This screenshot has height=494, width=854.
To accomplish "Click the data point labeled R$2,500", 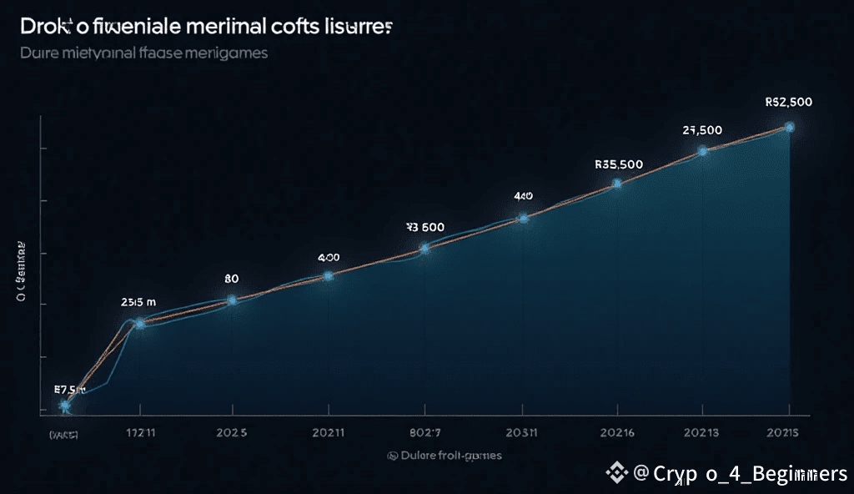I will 789,127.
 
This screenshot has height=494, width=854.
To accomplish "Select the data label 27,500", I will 702,130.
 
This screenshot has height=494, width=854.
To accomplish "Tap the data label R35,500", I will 618,164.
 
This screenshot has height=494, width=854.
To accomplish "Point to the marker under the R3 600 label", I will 424,248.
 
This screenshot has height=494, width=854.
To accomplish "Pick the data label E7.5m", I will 70,389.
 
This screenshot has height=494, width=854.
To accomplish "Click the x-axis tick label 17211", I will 139,433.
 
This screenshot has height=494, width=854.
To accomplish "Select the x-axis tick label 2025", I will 231,433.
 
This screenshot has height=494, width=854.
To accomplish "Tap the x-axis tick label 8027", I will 424,433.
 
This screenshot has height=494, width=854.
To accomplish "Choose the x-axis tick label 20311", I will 521,433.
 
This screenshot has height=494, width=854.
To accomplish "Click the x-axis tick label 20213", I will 702,433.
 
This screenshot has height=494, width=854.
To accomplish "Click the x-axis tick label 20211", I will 328,433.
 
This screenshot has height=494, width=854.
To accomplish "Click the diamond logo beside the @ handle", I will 618,473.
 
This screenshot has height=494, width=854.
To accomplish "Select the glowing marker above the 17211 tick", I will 140,322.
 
